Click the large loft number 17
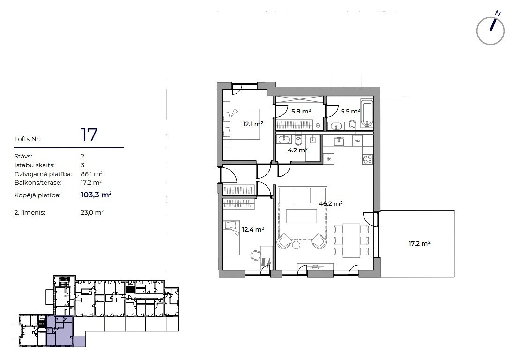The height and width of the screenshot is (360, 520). tap(89, 135)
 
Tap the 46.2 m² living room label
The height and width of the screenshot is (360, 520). tap(331, 204)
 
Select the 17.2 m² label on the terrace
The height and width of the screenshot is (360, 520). tap(419, 244)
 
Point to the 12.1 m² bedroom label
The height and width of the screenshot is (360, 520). tap(253, 124)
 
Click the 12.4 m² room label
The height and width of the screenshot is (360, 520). tap(253, 229)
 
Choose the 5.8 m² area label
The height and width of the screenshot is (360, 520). tap(301, 112)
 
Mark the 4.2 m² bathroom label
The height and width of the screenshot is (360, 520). tap(298, 150)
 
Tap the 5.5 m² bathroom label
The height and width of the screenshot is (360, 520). tap(350, 112)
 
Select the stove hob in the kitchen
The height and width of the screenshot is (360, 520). tap(367, 159)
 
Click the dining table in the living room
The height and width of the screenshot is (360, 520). tap(351, 240)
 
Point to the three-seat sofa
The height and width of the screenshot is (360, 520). tap(303, 195)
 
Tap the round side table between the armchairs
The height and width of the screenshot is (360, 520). tap(296, 245)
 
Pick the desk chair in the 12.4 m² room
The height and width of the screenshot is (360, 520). tap(255, 255)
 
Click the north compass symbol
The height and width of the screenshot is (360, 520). tap(490, 30)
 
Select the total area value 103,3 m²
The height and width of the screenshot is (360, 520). tap(96, 195)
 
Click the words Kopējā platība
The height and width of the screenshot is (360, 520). tap(37, 195)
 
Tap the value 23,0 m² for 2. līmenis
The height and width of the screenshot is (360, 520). tap(92, 213)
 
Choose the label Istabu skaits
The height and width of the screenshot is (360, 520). tap(35, 165)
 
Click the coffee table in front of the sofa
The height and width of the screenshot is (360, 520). tap(302, 216)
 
